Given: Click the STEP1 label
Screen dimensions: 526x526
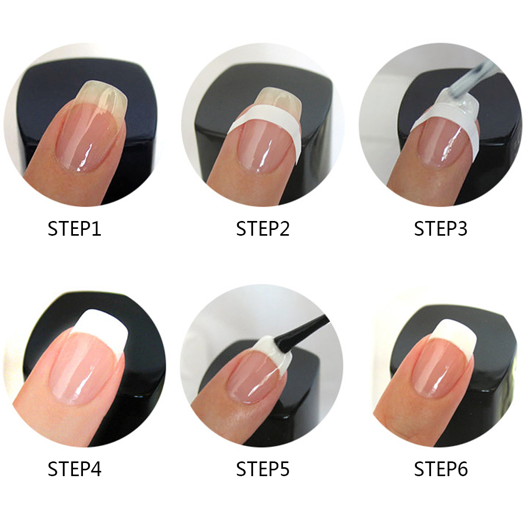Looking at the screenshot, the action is coord(74,229).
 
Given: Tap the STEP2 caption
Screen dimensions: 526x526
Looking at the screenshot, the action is coord(262,229).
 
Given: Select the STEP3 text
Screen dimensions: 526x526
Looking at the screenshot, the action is coord(440,229).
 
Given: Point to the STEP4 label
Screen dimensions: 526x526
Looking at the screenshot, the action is coord(74,469).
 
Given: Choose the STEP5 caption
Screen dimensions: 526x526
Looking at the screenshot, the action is coord(262,469).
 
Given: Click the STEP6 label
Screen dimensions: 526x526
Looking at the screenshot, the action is coord(440,469).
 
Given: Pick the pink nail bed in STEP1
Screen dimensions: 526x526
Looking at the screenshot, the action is coord(88,138).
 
